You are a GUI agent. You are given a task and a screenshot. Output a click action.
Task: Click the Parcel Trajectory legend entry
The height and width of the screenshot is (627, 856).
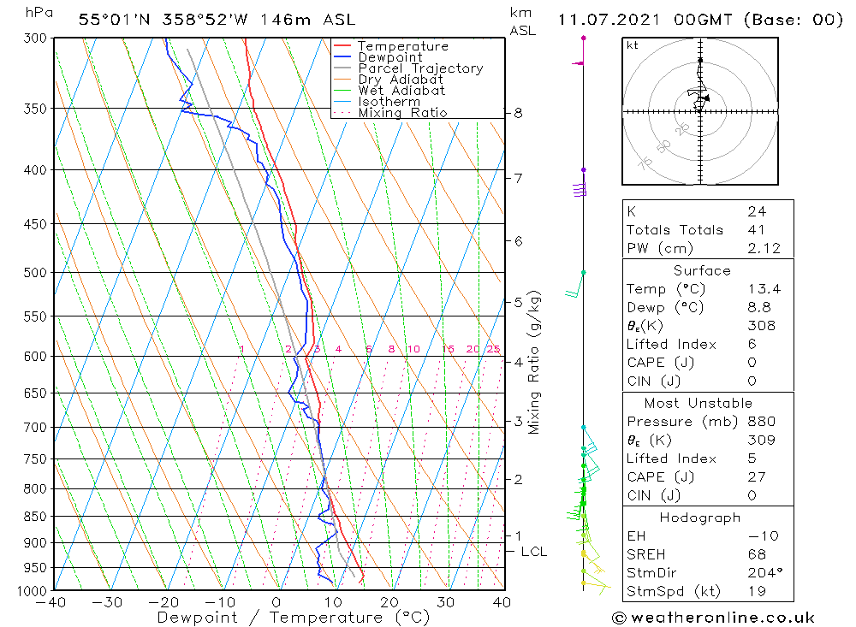tap(419, 68)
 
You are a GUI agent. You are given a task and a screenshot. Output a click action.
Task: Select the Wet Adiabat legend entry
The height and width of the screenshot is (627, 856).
tap(401, 91)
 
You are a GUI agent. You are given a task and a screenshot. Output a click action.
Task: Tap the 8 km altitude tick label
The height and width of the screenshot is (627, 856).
tap(518, 113)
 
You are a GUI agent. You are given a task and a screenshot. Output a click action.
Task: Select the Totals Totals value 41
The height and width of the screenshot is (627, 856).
tap(757, 230)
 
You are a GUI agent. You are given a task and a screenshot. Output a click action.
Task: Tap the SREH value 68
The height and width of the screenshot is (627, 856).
tap(757, 554)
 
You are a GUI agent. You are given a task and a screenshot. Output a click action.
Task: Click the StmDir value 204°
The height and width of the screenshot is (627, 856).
tap(762, 572)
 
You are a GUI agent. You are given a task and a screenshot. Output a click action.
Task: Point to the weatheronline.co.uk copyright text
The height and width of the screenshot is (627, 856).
tap(714, 618)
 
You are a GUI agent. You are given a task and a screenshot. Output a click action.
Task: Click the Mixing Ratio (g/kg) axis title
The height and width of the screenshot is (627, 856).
tap(535, 363)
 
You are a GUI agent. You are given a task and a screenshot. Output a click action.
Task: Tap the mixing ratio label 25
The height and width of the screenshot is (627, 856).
tap(493, 349)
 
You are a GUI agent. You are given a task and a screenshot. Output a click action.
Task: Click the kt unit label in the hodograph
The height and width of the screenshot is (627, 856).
tap(632, 45)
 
